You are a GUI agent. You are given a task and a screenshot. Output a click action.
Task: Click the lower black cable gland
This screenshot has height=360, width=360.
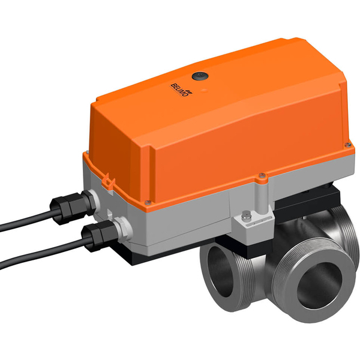(95, 235)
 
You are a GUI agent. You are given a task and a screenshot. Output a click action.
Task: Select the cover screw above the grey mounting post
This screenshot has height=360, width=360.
(262, 175)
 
